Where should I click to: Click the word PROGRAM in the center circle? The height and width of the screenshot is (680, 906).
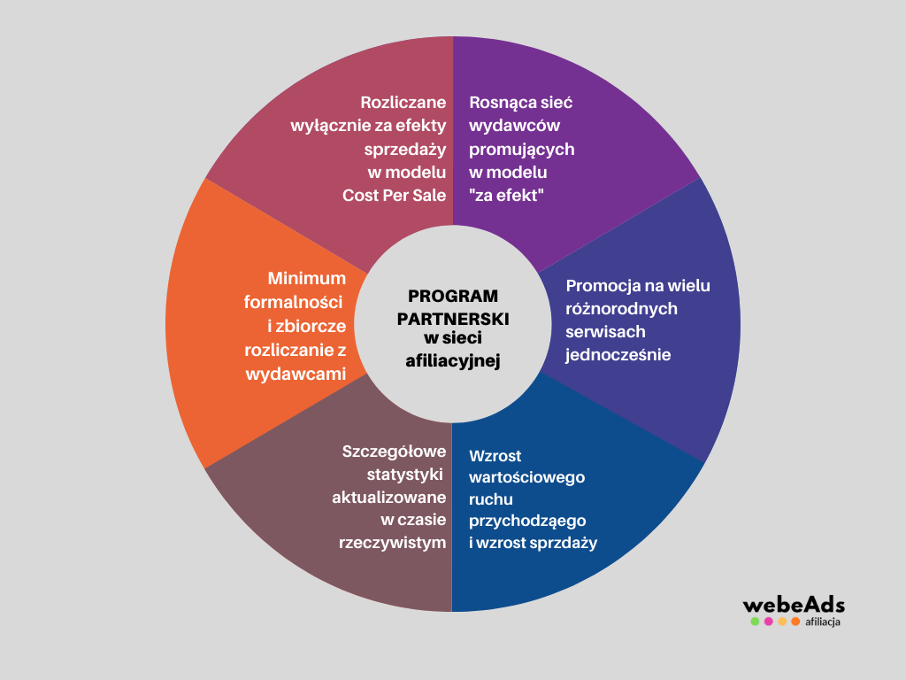453,296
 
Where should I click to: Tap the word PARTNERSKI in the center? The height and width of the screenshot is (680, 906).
453,317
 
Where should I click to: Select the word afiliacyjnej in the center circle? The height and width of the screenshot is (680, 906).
453,360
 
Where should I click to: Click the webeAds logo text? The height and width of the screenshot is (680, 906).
794,606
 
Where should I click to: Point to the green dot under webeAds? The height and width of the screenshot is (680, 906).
755,622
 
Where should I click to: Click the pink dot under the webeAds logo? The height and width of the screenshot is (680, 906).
769,622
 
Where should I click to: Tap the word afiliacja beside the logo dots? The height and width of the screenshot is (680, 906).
823,622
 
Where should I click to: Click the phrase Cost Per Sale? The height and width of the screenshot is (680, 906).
395,195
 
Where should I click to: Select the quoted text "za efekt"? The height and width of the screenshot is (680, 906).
506,195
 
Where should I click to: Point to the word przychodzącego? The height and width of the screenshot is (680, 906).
528,521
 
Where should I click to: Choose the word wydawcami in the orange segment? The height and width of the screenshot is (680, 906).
296,374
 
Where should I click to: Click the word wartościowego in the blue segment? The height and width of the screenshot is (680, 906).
527,477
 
